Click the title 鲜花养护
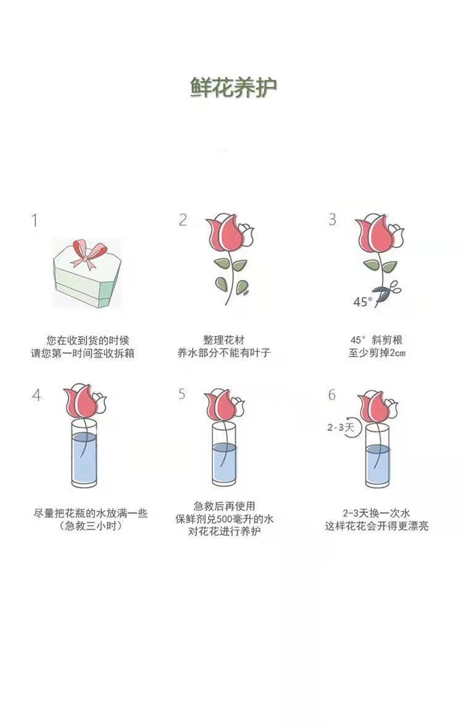tap(233, 87)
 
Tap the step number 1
tap(34, 220)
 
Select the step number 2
tap(183, 219)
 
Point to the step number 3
tap(332, 219)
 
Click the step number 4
tap(36, 395)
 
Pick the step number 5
tap(182, 394)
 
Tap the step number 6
tap(332, 394)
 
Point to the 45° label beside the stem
tap(362, 302)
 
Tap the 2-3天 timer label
tap(340, 427)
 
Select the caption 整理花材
tap(223, 341)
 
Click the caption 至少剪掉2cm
tap(377, 354)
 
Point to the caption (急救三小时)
tap(91, 526)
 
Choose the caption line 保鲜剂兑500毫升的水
tap(224, 519)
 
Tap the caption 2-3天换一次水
tap(377, 513)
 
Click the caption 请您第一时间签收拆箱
tap(83, 354)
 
